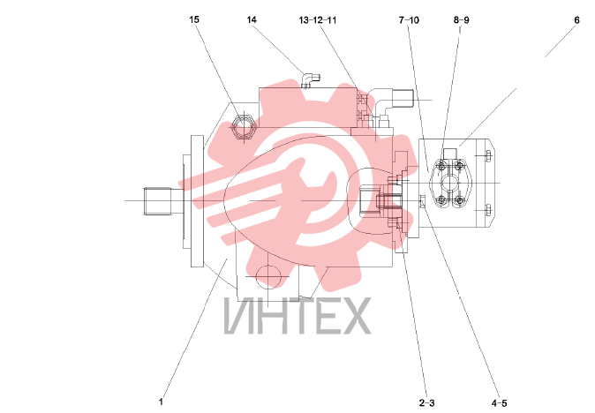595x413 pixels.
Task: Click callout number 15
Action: click(194, 19)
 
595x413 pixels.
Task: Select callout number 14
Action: click(252, 19)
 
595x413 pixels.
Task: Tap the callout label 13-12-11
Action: click(318, 20)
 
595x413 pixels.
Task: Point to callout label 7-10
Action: click(409, 20)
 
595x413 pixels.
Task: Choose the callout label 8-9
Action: click(461, 19)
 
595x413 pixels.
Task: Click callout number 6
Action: click(576, 20)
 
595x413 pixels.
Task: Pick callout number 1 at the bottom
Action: click(161, 402)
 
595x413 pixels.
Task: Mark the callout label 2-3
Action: click(427, 402)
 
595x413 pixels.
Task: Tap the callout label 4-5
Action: click(499, 402)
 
